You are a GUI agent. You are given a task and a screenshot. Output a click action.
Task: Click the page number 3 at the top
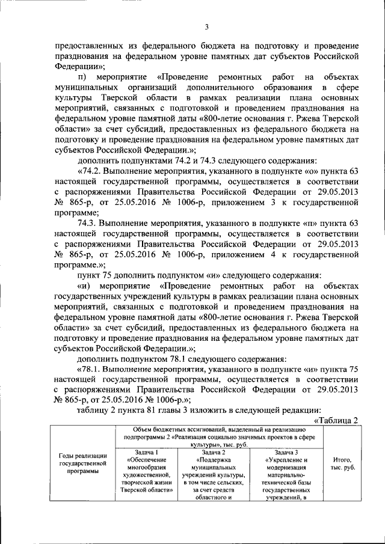(206, 26)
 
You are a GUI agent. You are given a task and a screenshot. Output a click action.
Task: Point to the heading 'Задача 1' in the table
(146, 452)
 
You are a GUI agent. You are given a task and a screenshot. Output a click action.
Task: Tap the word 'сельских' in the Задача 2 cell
(230, 482)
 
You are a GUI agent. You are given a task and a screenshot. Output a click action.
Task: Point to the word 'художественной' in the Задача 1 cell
(146, 474)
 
